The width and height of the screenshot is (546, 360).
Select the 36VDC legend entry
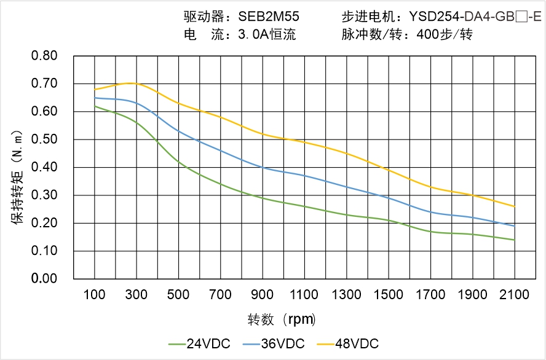point(274,343)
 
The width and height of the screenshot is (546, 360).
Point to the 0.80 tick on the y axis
point(44,56)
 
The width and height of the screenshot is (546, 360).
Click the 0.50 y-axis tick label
point(44,139)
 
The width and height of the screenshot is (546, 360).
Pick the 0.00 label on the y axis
point(44,279)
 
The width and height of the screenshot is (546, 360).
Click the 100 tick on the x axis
point(94,295)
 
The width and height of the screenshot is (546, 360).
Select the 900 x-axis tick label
point(263,295)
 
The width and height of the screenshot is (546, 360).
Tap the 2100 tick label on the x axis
point(514,295)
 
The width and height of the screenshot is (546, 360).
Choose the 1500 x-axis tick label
point(388,295)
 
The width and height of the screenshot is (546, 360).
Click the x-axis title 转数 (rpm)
point(281,319)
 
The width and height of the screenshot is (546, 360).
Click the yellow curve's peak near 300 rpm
point(132,83)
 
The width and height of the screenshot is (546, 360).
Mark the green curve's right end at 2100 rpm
point(514,240)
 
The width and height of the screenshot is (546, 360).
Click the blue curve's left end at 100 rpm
point(95,98)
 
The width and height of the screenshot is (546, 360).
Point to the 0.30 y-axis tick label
point(44,195)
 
